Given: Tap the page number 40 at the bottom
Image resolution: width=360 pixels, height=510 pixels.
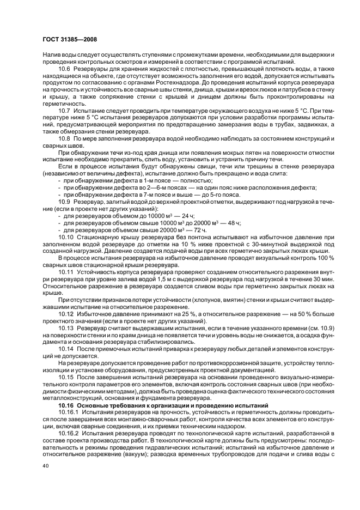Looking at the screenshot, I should click(46, 466).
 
